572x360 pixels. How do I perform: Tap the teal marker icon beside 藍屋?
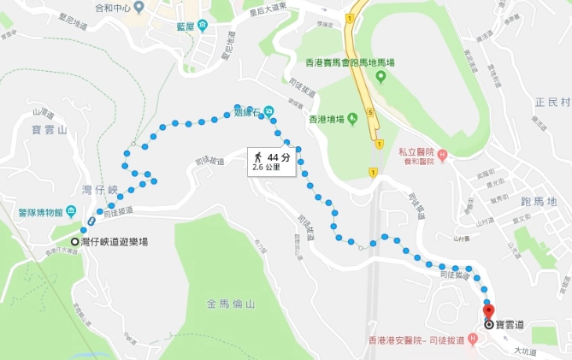coord(203,25)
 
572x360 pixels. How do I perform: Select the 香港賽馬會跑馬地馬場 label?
coord(351,62)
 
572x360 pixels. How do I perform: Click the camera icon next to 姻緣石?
coord(269,109)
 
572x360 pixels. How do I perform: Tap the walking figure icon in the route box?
coord(256,157)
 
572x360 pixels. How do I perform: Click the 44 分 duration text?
coord(279,157)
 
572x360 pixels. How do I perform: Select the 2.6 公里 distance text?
coord(269,168)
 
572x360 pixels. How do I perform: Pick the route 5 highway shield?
coord(369,111)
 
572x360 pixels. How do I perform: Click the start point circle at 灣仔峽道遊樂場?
coord(76,241)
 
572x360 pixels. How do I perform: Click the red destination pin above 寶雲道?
coord(488,310)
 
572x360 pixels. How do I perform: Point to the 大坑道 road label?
coord(524,351)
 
